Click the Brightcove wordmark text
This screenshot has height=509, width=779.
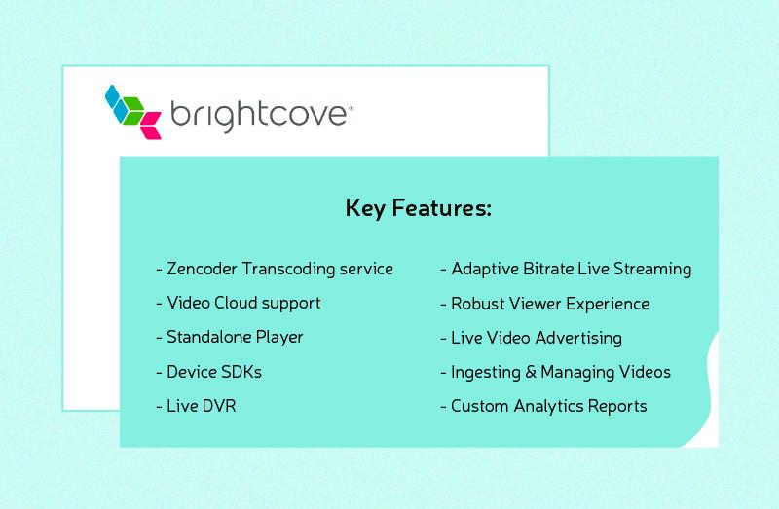(261, 116)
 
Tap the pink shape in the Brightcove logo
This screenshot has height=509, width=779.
(151, 126)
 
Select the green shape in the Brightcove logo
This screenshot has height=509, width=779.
(133, 111)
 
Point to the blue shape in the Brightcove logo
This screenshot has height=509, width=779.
(117, 103)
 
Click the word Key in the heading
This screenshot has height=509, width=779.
(365, 208)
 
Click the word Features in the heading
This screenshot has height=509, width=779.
(442, 207)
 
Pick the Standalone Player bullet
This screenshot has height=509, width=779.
(230, 338)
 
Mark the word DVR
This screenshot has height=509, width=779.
(218, 406)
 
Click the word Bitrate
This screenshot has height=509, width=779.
(548, 269)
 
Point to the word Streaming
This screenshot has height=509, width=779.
(652, 270)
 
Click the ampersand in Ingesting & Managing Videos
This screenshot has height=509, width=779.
(531, 372)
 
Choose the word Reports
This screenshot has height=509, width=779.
(617, 407)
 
